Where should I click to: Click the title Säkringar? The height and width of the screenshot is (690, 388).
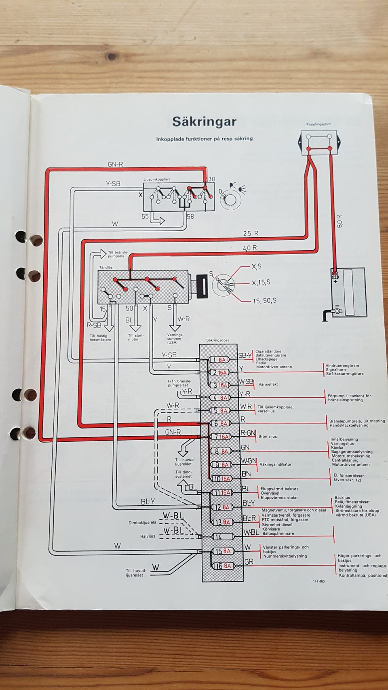(x=204, y=121)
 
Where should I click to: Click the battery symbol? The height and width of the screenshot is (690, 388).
(x=348, y=292)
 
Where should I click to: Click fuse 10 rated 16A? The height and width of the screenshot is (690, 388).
(x=221, y=479)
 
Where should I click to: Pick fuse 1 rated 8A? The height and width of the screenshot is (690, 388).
(x=221, y=360)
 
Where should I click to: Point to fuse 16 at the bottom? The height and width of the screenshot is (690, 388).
(x=221, y=566)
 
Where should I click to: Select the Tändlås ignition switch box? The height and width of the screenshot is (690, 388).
(x=143, y=287)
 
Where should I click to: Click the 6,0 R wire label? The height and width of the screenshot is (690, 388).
(x=339, y=222)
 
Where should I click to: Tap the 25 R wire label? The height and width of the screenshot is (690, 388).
(x=251, y=233)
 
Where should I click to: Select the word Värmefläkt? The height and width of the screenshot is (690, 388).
(x=269, y=384)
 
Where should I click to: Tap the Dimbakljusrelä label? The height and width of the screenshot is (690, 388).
(x=142, y=522)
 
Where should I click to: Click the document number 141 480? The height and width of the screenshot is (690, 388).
(x=318, y=581)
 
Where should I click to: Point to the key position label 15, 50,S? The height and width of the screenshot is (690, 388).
(x=265, y=300)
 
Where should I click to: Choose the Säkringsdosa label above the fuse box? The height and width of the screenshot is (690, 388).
(x=217, y=340)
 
